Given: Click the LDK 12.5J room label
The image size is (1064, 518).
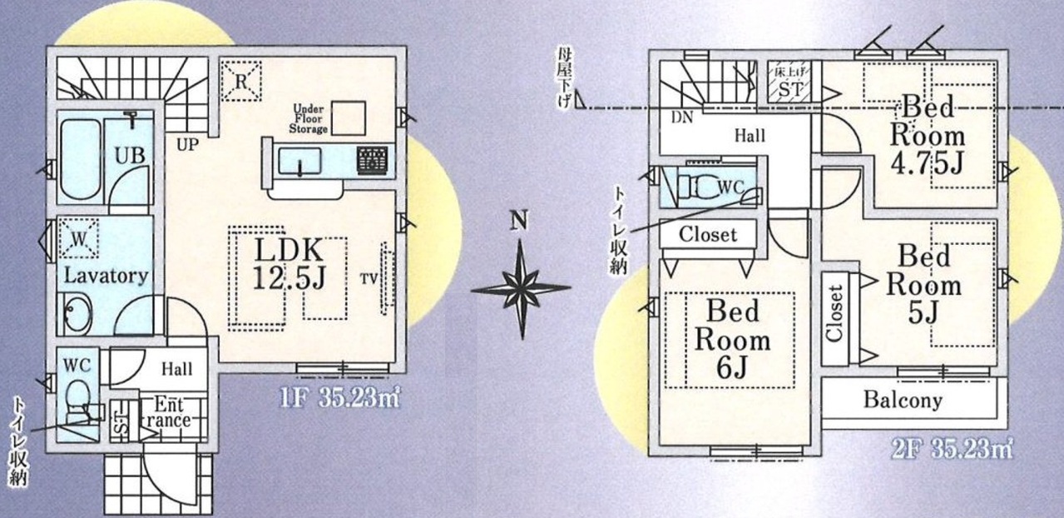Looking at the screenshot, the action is [290, 263].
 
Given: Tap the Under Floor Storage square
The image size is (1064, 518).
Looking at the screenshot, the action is [349, 118].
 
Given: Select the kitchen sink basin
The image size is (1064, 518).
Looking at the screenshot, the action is [299, 161].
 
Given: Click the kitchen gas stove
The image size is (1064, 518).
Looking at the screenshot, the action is [372, 160].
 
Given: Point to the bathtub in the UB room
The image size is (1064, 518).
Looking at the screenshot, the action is [81, 159].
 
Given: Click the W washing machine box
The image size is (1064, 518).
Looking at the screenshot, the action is [78, 238].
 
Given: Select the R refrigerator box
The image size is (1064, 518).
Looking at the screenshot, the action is [241, 81].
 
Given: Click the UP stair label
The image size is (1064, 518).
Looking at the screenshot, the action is [188, 145].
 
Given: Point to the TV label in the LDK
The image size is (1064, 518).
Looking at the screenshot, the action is [369, 279].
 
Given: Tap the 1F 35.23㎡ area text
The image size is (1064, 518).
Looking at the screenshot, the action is [340, 397].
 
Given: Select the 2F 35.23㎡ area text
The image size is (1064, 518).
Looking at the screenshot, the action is [952, 449].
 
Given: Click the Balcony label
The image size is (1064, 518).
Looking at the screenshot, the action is [903, 401].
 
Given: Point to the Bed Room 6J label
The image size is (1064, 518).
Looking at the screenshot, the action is [732, 340].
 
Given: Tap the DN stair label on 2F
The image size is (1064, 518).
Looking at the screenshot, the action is [682, 117].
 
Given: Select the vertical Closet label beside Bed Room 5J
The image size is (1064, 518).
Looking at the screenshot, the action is [835, 313].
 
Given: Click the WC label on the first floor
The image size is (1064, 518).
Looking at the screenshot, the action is [77, 366].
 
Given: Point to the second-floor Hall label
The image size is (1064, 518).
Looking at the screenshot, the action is [750, 136].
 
